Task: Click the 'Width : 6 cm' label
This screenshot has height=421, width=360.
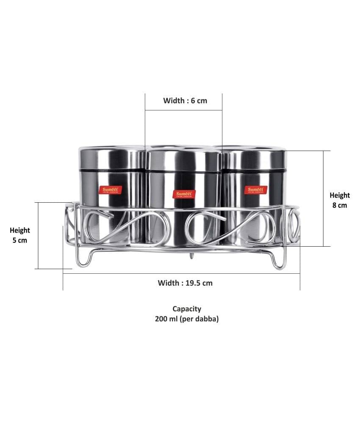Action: coord(185,101)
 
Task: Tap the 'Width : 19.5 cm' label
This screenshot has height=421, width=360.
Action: coord(185,283)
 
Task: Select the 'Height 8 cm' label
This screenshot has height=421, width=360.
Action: coord(340,200)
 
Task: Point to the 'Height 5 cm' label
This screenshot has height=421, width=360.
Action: coord(19,235)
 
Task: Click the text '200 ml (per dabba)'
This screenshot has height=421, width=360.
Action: coord(187,319)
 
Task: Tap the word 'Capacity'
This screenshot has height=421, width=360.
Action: coord(187,309)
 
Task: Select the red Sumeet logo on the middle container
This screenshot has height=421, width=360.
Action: coord(184,194)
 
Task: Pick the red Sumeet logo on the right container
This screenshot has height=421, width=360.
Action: coord(255,190)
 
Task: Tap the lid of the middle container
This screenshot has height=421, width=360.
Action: coord(183,160)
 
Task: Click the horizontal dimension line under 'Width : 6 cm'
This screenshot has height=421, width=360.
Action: coord(184,110)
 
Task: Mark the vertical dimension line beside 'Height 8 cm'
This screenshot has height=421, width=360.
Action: coord(324,198)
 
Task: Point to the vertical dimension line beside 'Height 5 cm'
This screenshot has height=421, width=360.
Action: coord(38,236)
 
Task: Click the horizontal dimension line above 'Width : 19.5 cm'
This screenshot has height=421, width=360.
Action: coord(181,274)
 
